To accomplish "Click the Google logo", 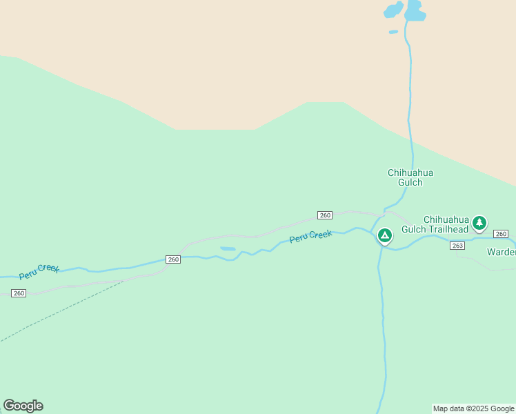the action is coord(23,406).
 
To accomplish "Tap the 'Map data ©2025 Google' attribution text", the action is coord(473,408).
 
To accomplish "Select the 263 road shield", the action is coord(457,246).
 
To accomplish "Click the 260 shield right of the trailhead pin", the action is coord(501,234).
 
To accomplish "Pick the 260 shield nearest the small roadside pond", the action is coord(173,259).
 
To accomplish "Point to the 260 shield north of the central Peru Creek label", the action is coord(326,215).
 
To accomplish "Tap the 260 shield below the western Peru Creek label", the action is coord(19,293).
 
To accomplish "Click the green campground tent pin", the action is coord(385,236).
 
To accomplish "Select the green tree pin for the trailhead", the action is coord(479,223).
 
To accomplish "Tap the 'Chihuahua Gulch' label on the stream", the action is coord(410,178).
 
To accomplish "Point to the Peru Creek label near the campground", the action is coord(310,236).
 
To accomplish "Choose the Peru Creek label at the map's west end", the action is coord(39,271).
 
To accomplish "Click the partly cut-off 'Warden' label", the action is coord(502,252).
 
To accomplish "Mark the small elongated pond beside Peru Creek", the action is coord(228,248).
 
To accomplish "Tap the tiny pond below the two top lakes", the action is coord(393,32).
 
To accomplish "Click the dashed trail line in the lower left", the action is coord(62,310).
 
